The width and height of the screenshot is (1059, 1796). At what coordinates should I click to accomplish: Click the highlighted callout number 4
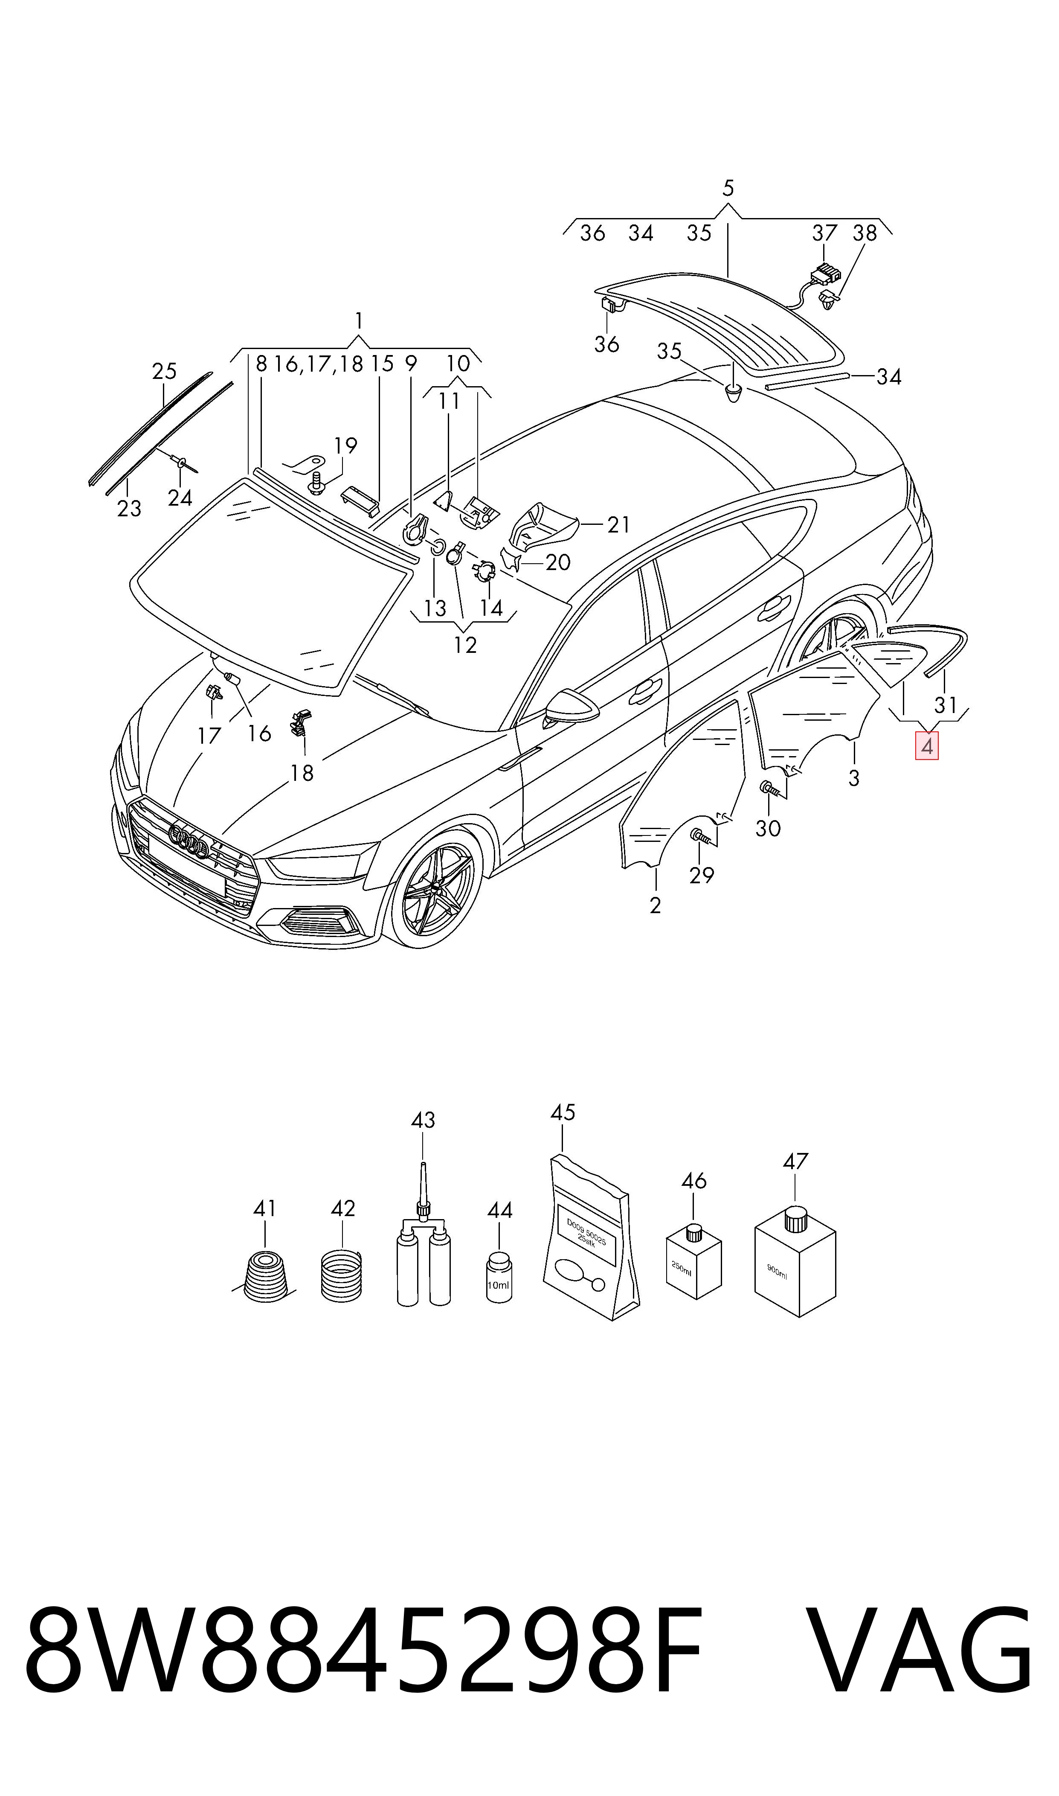[x=927, y=747]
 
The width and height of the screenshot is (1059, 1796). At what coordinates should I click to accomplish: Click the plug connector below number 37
[x=825, y=274]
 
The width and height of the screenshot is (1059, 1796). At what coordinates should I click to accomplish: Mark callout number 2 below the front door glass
[x=655, y=905]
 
